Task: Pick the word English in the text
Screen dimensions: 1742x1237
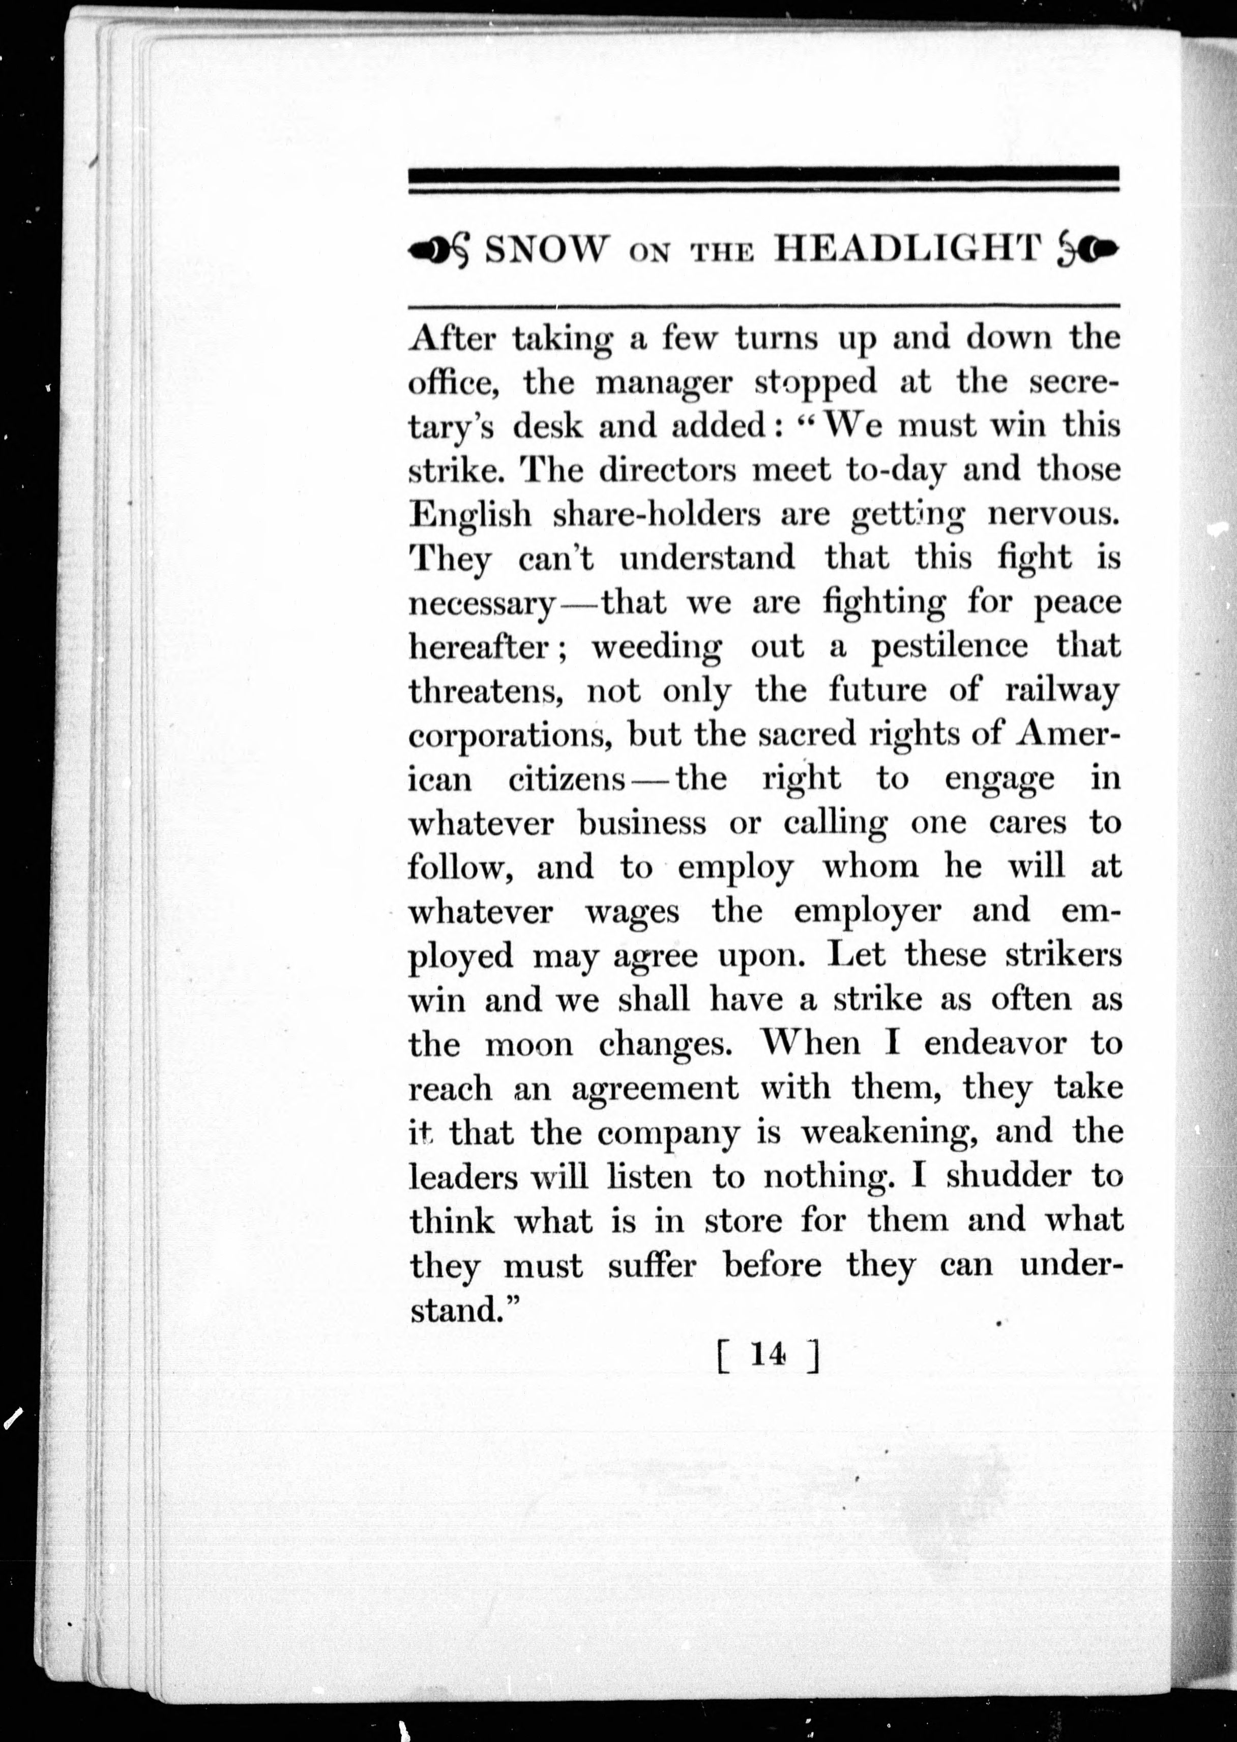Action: tap(470, 514)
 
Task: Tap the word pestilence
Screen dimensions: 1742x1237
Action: tap(949, 647)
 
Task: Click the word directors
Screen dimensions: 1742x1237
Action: tap(667, 470)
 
